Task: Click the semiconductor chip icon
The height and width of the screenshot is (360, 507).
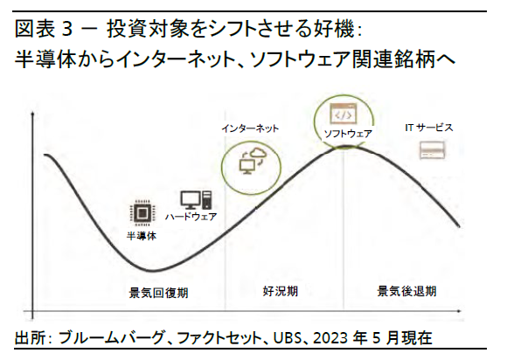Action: [x=142, y=213]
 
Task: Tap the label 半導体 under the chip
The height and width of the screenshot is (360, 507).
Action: [x=142, y=236]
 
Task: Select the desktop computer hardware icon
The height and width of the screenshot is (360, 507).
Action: [x=197, y=200]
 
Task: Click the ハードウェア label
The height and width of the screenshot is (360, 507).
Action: [x=191, y=217]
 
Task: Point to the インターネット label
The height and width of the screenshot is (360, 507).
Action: [x=250, y=128]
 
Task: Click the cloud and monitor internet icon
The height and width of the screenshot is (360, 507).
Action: [x=253, y=162]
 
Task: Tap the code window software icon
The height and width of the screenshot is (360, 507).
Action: [x=343, y=114]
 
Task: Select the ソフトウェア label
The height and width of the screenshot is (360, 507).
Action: [x=348, y=134]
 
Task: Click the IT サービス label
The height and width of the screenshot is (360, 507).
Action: [x=429, y=128]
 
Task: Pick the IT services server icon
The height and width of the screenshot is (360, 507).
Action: [x=433, y=150]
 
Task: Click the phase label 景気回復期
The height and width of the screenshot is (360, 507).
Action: [x=158, y=293]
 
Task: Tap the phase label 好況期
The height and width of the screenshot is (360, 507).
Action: [x=281, y=291]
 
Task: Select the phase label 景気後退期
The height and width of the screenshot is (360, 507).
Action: [x=406, y=291]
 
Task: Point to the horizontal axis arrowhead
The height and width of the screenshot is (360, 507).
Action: [x=459, y=311]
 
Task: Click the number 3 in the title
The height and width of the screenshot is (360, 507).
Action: [x=66, y=30]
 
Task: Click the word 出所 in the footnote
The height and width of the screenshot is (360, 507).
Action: [x=28, y=338]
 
